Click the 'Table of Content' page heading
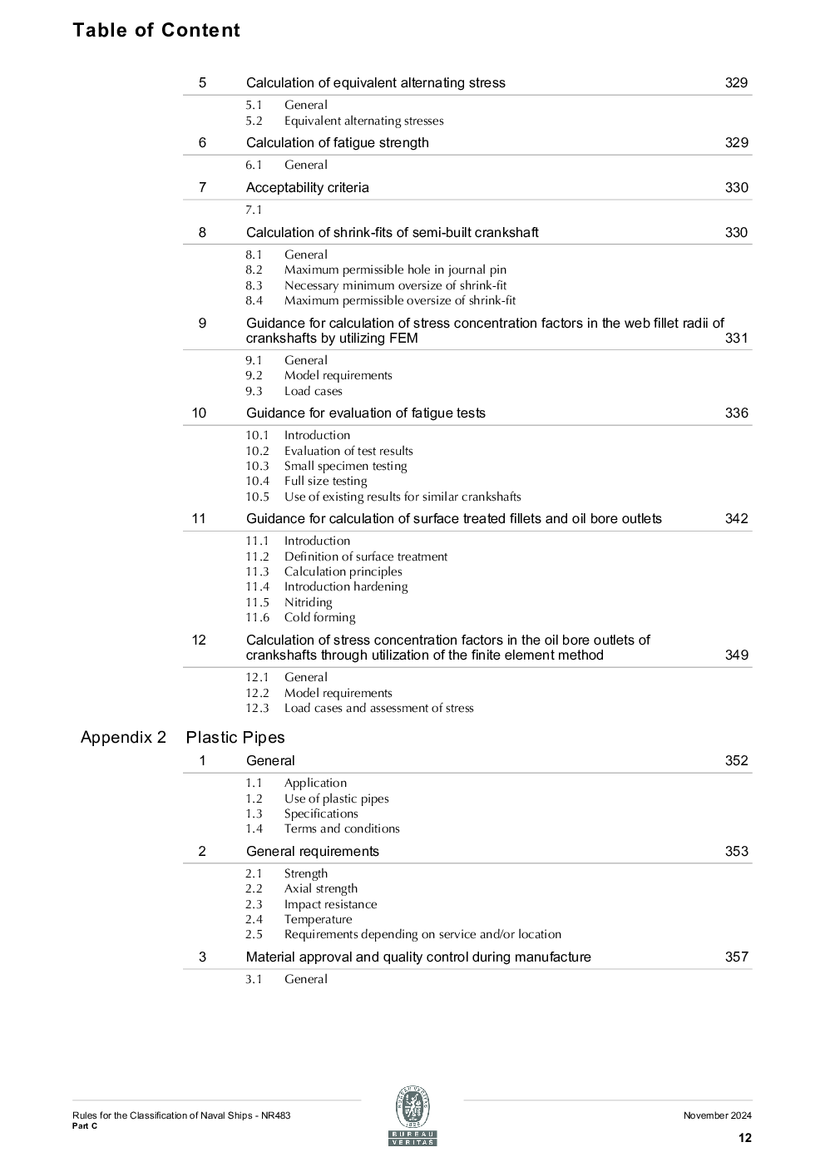[156, 30]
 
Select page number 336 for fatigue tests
[736, 413]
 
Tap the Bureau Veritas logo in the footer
[412, 1116]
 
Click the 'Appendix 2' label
[123, 737]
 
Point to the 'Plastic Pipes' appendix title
[235, 737]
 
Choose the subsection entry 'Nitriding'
[308, 602]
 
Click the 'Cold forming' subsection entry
[319, 617]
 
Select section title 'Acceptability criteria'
[307, 188]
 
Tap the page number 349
[736, 655]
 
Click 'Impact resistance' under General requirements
[330, 904]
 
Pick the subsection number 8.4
[254, 300]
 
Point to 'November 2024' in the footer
[717, 1115]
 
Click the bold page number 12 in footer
[744, 1138]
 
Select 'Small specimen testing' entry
[345, 466]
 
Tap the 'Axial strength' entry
[320, 888]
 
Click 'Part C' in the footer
[85, 1126]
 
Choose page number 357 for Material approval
[736, 957]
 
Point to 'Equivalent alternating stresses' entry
[363, 121]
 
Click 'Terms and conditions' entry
[342, 828]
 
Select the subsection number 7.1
[254, 210]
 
